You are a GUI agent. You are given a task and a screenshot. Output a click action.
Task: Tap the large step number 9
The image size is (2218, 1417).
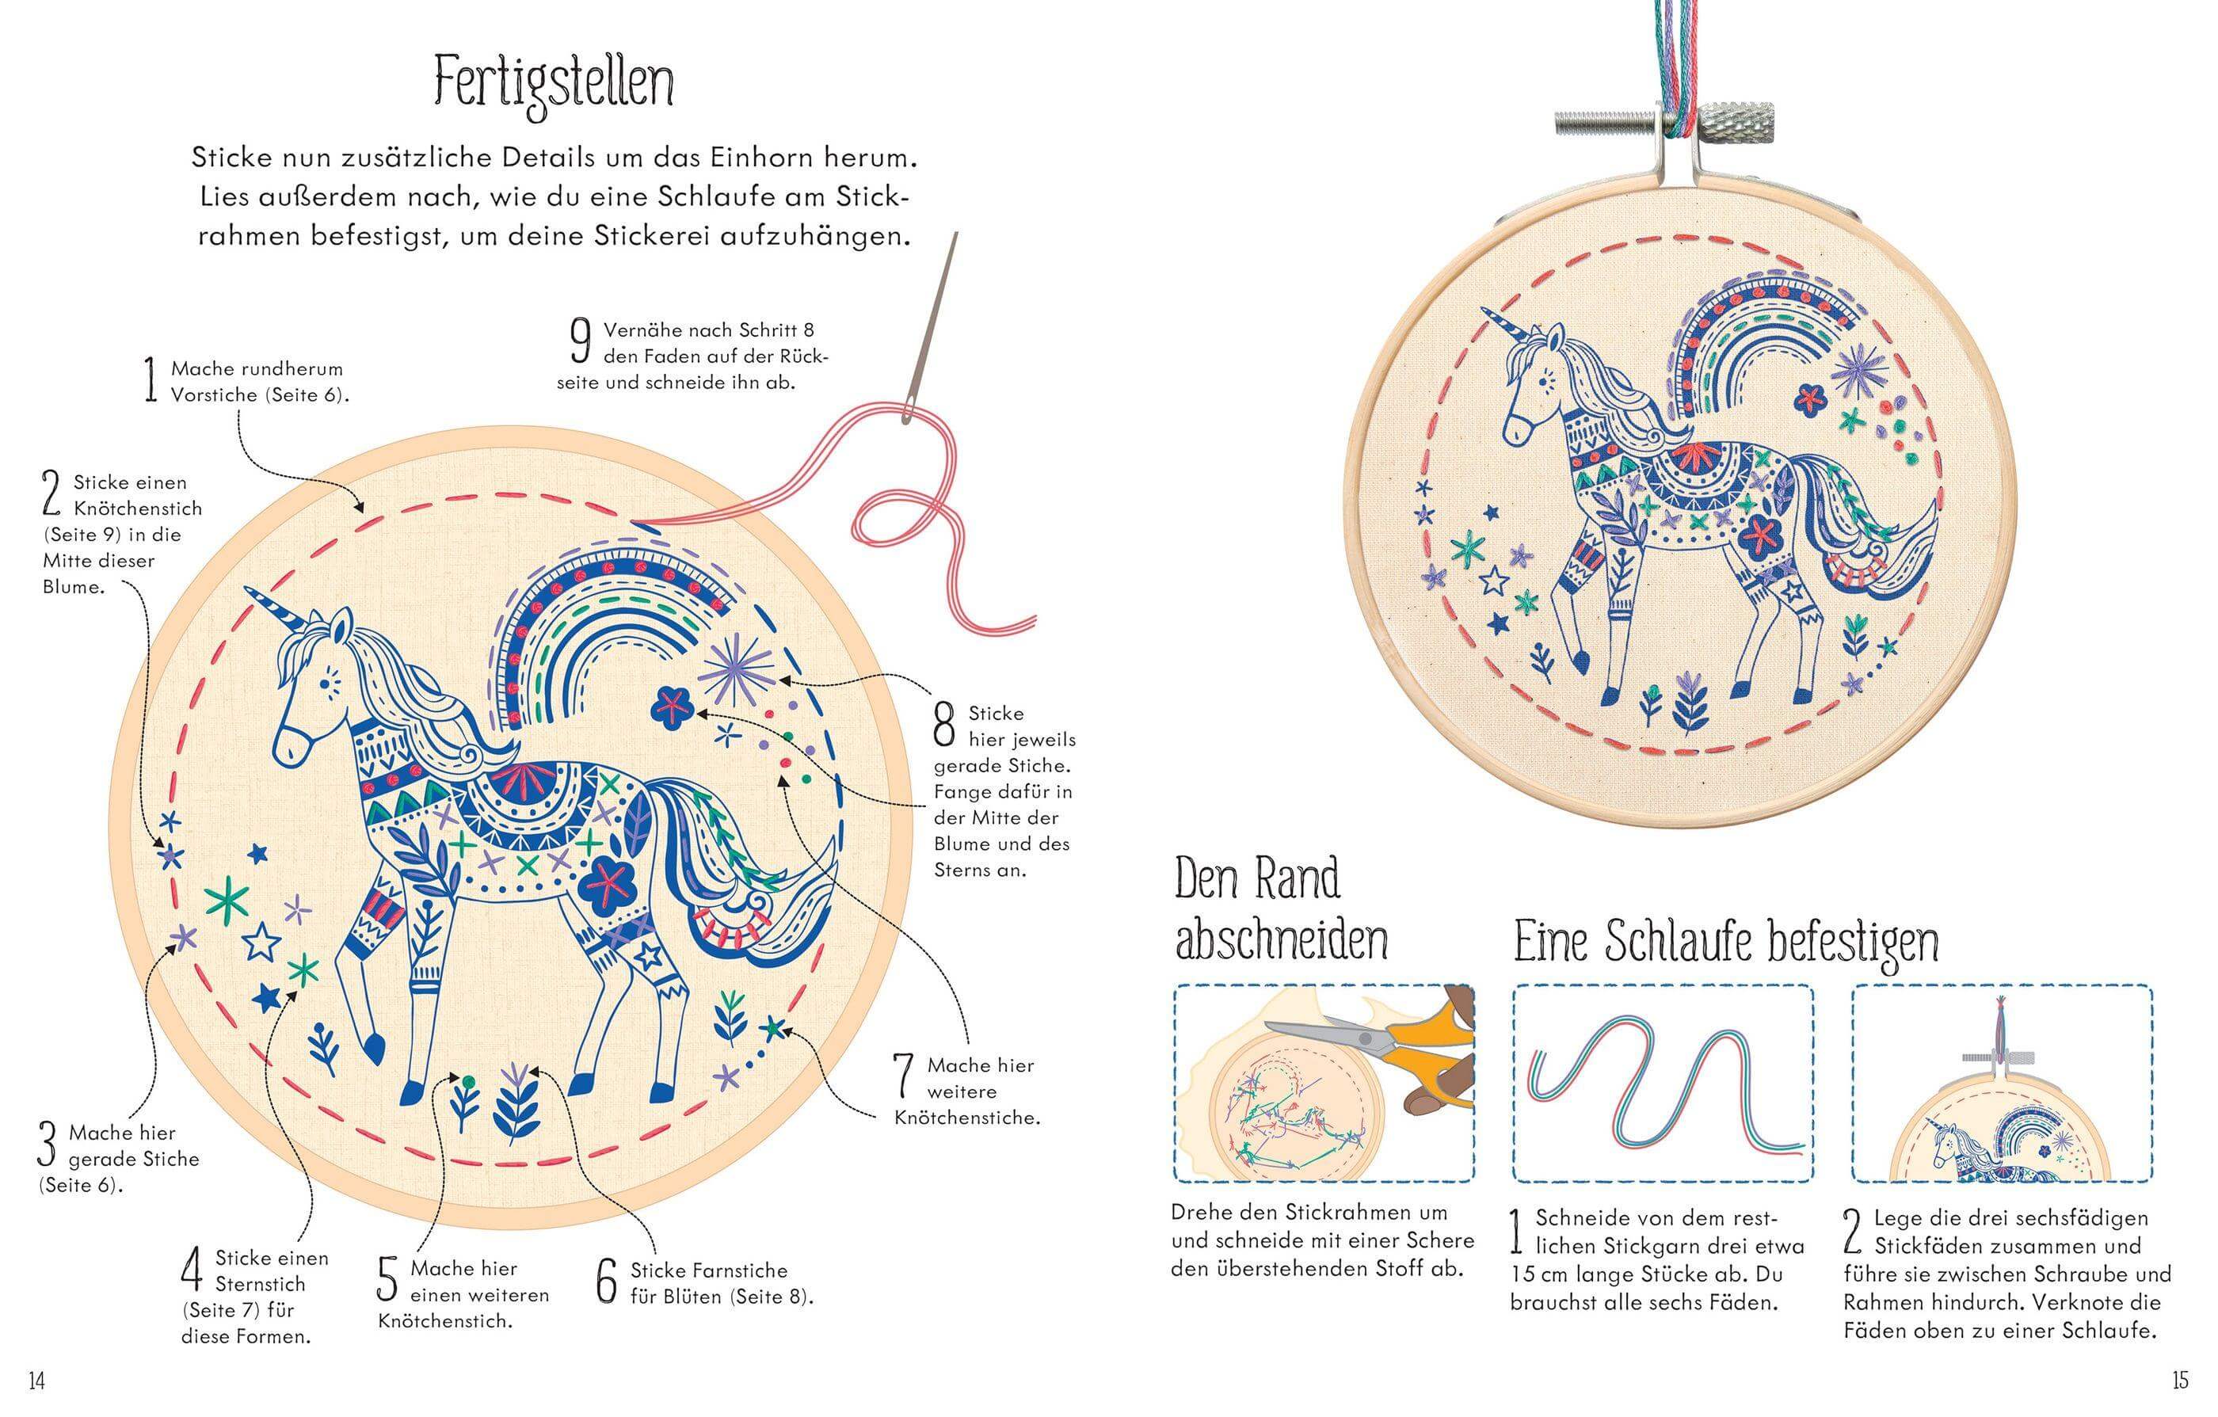point(581,342)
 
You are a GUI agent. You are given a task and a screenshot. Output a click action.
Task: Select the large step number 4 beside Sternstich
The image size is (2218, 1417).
point(191,1271)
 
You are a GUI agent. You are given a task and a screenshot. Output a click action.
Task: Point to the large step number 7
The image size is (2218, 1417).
point(904,1077)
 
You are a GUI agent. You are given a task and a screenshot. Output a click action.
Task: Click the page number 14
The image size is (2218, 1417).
point(37,1381)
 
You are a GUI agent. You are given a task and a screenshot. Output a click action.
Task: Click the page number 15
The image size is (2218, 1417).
point(2179,1381)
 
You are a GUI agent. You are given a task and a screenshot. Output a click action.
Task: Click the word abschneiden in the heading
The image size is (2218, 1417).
point(1280,941)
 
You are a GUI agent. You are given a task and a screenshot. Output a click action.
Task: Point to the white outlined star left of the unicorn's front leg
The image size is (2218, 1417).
point(261,941)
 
